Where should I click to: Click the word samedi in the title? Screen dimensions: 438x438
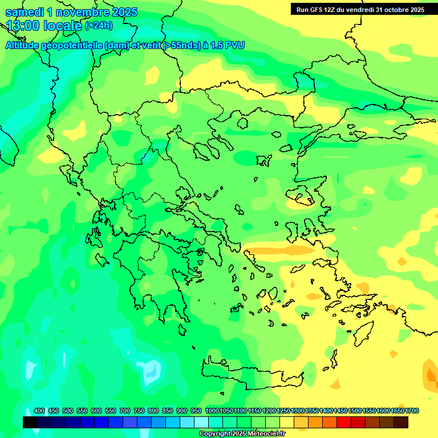(24, 12)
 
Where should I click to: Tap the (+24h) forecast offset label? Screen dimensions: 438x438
(99, 25)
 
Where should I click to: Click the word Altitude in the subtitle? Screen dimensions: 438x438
(25, 45)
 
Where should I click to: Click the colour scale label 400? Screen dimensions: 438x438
(39, 411)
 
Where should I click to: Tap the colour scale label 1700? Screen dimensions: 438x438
(412, 411)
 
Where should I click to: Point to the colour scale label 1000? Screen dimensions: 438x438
(212, 411)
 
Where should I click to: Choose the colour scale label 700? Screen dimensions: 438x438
(125, 411)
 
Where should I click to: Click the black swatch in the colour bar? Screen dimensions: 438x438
(30, 423)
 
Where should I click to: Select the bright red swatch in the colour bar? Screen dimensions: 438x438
(344, 423)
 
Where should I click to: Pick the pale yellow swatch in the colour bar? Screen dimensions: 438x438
(287, 423)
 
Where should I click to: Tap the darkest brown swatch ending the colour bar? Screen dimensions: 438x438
(401, 423)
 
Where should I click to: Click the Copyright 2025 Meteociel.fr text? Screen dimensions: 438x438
(242, 434)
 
